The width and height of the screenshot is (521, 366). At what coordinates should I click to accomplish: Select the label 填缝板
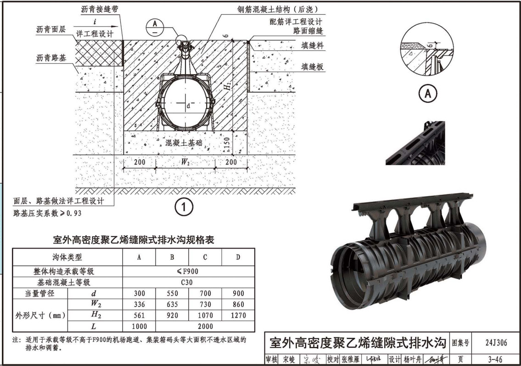point(312,67)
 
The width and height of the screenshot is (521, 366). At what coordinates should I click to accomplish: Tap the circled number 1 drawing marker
point(184,207)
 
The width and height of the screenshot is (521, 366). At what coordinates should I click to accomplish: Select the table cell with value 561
point(139,315)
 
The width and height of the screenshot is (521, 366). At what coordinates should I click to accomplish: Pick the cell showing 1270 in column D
point(238,315)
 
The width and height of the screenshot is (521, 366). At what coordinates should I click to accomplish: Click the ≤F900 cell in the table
point(188,272)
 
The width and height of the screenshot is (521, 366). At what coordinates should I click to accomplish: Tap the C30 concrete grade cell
point(188,283)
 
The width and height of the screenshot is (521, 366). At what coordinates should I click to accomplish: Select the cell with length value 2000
point(205,326)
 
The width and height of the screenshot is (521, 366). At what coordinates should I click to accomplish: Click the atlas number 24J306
point(495,343)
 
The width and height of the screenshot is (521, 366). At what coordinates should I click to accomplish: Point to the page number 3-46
point(495,359)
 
